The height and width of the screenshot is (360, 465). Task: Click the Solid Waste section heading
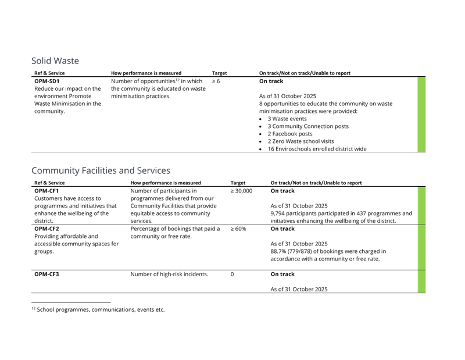click(55, 60)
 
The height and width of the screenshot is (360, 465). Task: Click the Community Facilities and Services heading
click(101, 170)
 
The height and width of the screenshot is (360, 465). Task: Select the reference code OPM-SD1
click(47, 81)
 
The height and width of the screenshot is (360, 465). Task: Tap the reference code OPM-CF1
click(46, 191)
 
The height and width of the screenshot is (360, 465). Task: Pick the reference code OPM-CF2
click(46, 229)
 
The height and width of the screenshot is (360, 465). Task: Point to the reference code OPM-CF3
click(46, 275)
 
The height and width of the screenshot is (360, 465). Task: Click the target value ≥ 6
click(216, 81)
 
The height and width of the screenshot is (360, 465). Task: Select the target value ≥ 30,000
click(241, 191)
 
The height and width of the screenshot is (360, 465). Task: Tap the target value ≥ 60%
click(238, 229)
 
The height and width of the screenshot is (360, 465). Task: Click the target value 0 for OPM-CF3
click(232, 275)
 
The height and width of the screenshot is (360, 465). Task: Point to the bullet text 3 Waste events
click(287, 119)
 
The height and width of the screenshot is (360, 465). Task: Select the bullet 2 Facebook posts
click(289, 134)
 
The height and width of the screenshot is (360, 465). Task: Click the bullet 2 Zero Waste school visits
click(301, 141)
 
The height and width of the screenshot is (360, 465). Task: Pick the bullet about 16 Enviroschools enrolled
click(317, 149)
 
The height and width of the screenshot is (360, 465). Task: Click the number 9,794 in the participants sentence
click(278, 213)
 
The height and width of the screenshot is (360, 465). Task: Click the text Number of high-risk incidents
click(169, 275)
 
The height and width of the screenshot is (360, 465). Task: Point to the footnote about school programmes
click(98, 309)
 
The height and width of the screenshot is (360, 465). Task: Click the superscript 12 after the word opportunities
click(177, 80)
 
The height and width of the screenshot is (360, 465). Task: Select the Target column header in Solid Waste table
click(220, 73)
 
